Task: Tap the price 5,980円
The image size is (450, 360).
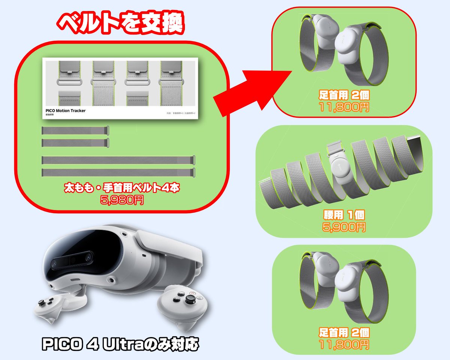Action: pos(121,200)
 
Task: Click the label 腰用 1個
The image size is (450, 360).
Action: pos(344,215)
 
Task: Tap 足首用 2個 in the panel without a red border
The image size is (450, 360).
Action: pos(344,332)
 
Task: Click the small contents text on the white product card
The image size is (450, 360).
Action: pos(181,113)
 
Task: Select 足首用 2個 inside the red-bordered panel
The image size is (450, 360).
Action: pos(344,96)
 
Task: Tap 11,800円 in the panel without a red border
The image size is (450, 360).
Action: pos(344,344)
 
